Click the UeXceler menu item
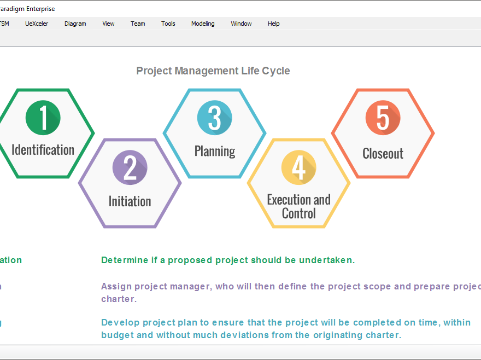point(37,24)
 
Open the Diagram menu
point(75,24)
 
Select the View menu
point(108,24)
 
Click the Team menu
point(138,24)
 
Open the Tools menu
point(168,24)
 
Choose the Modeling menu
point(203,24)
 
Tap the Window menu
point(241,24)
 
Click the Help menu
point(273,24)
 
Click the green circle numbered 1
point(43,118)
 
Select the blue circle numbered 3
point(214,118)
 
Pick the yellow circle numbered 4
point(298,167)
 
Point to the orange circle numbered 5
point(383,118)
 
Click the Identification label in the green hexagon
point(43,150)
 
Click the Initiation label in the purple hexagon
point(130,201)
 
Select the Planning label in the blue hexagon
point(215,151)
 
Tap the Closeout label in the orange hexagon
point(383,154)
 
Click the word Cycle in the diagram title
point(276,71)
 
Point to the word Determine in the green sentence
point(124,260)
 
